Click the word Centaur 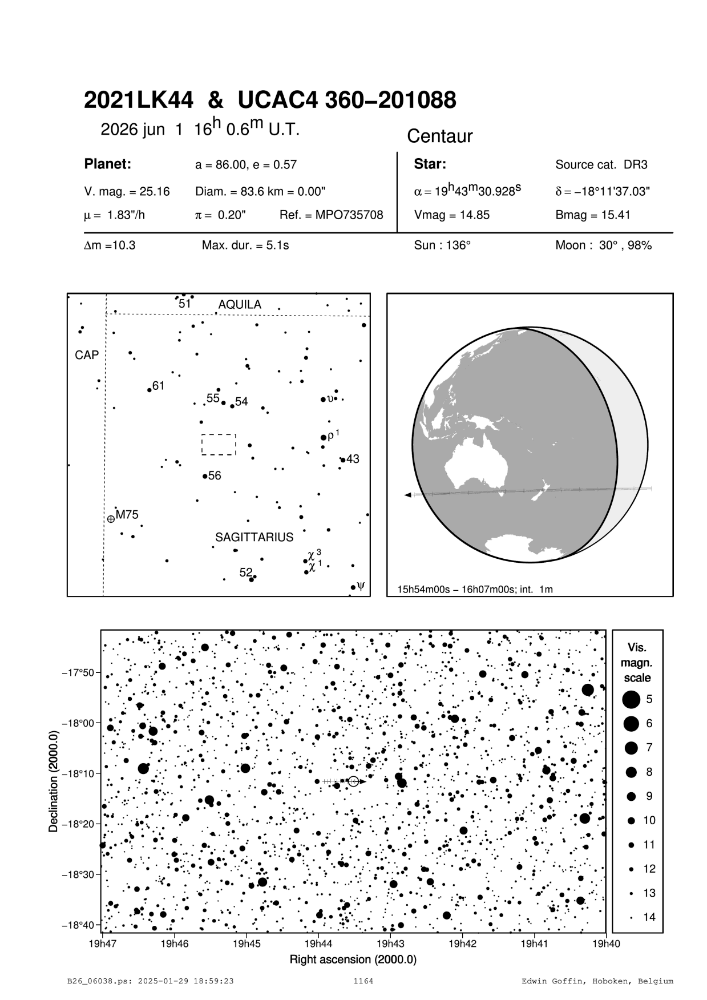pyautogui.click(x=439, y=136)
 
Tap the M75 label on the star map pyautogui.click(x=127, y=514)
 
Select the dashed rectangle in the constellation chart pyautogui.click(x=219, y=445)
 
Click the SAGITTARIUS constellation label pyautogui.click(x=254, y=537)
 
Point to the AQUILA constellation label pyautogui.click(x=240, y=305)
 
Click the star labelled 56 pyautogui.click(x=205, y=476)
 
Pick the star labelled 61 pyautogui.click(x=150, y=390)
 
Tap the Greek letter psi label pyautogui.click(x=360, y=585)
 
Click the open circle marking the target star pyautogui.click(x=353, y=781)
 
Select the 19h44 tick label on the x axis pyautogui.click(x=318, y=943)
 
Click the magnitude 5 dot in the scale pyautogui.click(x=631, y=699)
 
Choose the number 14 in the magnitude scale pyautogui.click(x=649, y=917)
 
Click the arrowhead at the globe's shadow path pyautogui.click(x=407, y=495)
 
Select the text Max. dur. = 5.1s pyautogui.click(x=245, y=246)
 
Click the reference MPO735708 pyautogui.click(x=331, y=215)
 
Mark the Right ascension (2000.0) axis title pyautogui.click(x=353, y=959)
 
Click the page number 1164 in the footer pyautogui.click(x=363, y=981)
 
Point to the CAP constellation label pyautogui.click(x=87, y=355)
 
